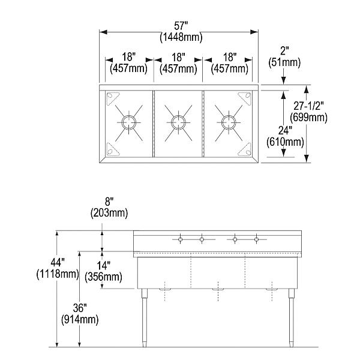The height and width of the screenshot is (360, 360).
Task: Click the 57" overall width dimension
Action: (181, 26)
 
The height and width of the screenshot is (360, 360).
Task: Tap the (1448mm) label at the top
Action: (181, 37)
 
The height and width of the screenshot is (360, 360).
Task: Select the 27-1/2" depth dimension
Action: (308, 106)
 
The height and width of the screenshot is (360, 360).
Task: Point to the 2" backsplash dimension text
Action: (284, 51)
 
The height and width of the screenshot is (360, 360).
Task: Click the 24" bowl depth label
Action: (285, 131)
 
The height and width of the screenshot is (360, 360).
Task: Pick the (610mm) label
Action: (285, 142)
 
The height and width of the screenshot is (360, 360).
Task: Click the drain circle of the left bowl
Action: (128, 122)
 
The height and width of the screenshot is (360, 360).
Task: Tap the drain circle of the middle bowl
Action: (178, 122)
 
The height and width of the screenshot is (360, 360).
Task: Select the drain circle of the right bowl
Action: (229, 122)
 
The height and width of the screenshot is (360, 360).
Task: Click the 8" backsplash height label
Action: (109, 202)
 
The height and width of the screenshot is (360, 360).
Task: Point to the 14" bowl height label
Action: (103, 266)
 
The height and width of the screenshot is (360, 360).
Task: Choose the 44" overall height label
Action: (58, 262)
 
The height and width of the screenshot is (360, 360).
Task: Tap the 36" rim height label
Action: (80, 308)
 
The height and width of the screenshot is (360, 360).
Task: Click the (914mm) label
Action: (80, 319)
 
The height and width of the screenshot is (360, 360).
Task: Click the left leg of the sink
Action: (145, 317)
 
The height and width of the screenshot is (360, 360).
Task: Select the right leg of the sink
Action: (292, 317)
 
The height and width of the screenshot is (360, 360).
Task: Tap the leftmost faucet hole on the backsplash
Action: (180, 239)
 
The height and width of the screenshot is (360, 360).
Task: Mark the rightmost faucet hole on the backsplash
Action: (257, 239)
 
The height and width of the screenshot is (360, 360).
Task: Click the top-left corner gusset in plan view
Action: (112, 98)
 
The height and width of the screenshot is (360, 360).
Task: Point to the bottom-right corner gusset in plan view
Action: (245, 149)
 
